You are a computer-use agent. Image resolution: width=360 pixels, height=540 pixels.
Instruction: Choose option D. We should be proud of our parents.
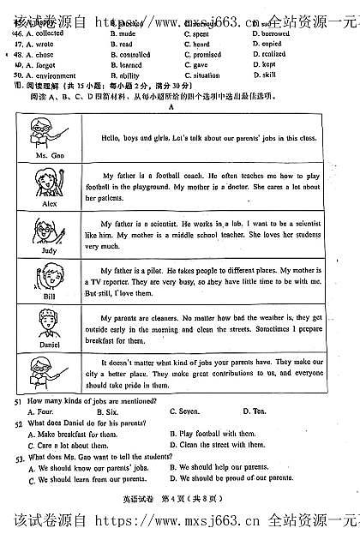[224, 479]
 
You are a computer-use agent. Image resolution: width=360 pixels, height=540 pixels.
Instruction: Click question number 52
[18, 423]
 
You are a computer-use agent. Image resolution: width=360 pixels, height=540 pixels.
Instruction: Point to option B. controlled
[130, 54]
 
